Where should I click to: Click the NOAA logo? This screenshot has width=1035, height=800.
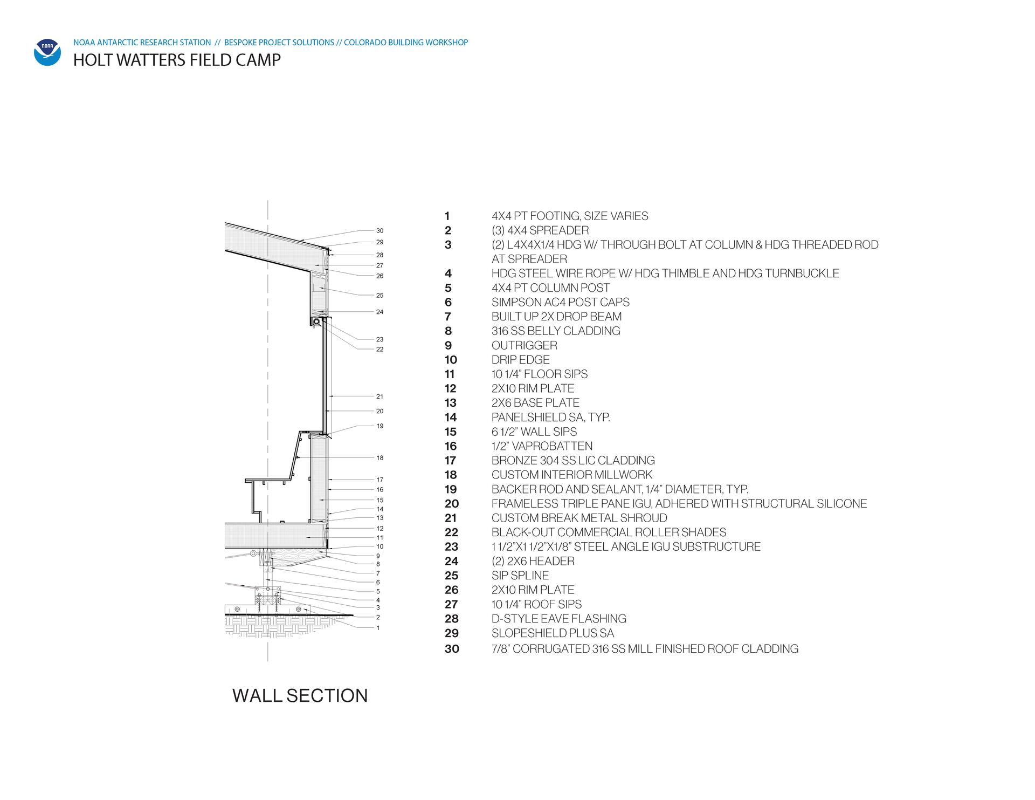pos(47,52)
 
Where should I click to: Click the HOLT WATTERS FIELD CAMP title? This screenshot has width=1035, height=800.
pos(177,60)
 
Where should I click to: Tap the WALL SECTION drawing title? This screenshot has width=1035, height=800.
pos(300,695)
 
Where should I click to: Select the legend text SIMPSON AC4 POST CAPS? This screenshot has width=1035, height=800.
pos(561,302)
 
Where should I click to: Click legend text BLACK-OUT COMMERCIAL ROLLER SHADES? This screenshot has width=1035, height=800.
pos(609,532)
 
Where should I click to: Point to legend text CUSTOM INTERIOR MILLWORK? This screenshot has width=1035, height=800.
pos(572,475)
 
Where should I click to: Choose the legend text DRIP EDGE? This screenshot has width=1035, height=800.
pos(521,360)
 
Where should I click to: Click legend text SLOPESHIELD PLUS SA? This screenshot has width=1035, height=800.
pos(553,633)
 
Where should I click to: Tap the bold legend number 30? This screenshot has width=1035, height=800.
pos(452,649)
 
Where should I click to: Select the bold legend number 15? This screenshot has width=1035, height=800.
pos(451,432)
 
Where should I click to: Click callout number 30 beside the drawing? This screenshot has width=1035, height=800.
pos(380,231)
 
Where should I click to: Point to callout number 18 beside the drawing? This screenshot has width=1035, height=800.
pos(380,458)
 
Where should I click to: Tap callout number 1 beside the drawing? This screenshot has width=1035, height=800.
pos(378,628)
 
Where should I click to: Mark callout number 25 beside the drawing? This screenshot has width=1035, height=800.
pos(380,296)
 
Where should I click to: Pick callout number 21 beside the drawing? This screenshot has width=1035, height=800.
pos(380,396)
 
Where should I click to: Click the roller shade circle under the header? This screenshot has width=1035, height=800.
pos(316,322)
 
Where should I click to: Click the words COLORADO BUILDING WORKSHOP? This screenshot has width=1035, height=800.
pos(406,43)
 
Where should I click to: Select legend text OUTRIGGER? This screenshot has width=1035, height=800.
pos(525,346)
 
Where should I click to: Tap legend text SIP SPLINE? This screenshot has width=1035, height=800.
pos(520,576)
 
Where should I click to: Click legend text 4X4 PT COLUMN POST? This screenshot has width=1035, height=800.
pos(551,288)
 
